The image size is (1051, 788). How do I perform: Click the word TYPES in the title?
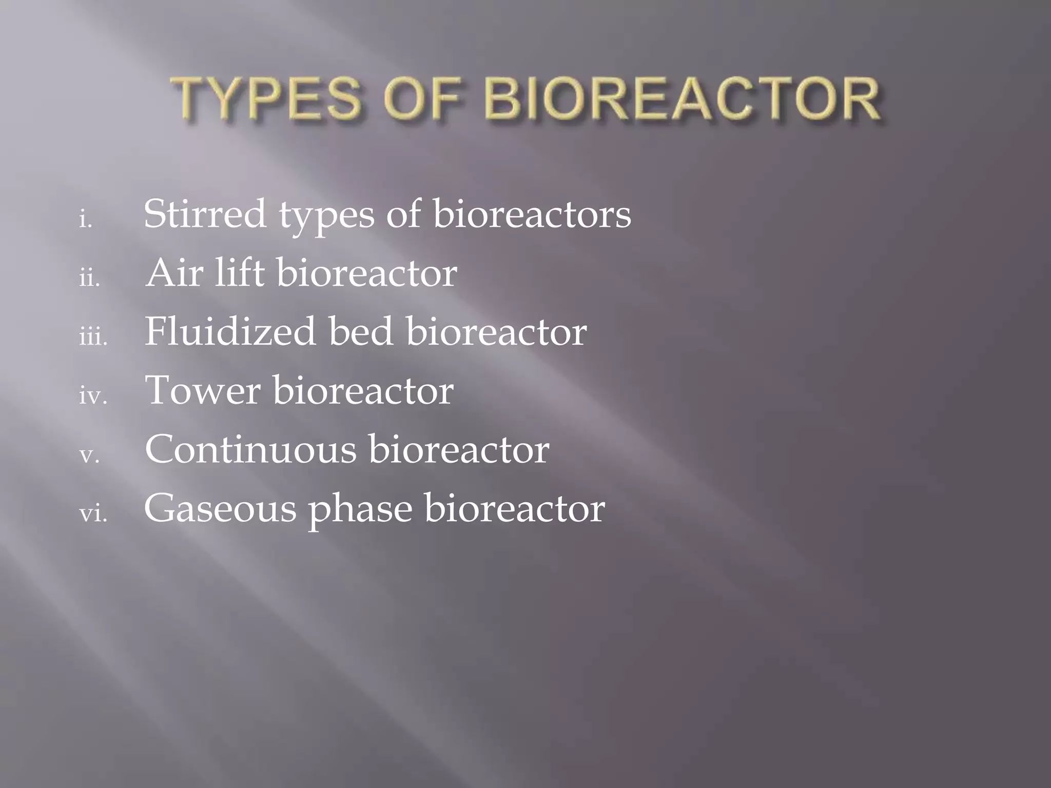point(267,98)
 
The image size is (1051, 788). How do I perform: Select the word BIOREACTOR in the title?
point(683,98)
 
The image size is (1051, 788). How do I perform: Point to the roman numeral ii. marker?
point(89,279)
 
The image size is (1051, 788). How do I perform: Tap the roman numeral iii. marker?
point(93,338)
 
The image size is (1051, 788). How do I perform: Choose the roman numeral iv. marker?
point(93,397)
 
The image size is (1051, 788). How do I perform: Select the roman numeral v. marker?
point(89,456)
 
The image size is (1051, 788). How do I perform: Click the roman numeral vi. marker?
point(93,514)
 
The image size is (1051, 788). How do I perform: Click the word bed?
point(361,331)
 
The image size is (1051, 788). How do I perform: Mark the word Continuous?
point(250,449)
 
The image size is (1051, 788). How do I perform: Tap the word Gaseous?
point(220,509)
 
